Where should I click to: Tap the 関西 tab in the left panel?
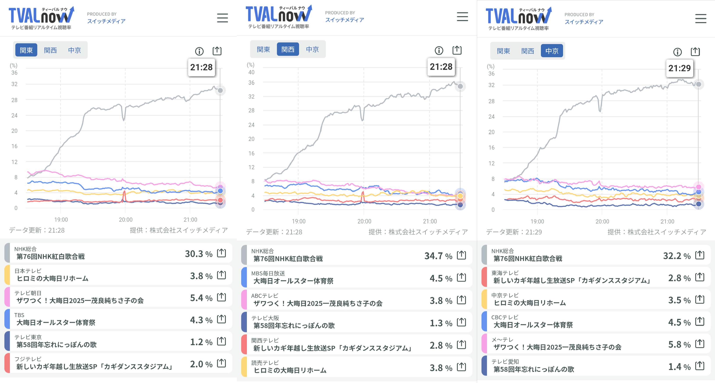coord(50,50)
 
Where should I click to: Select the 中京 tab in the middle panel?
coord(312,49)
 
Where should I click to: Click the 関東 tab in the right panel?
coord(503,51)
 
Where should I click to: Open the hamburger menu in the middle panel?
coord(462,17)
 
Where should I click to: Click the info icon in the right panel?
coord(677,52)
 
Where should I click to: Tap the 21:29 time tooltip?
coord(679,68)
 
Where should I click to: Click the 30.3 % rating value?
coord(198,254)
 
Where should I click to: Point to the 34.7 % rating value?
coord(438,256)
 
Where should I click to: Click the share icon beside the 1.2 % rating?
coord(221,341)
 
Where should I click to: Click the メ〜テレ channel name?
coord(502,340)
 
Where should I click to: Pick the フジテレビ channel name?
coord(28,359)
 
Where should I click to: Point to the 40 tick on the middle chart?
coord(251,72)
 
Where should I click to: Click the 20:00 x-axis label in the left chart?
coord(125,220)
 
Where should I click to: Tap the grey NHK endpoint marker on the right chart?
coord(699,84)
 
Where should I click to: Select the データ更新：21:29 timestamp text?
coord(514,232)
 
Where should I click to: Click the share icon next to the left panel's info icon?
coord(217,51)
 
